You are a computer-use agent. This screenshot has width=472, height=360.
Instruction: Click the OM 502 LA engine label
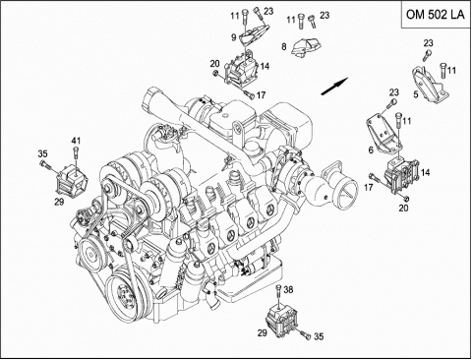[436, 15]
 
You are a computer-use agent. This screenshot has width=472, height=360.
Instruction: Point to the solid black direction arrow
[334, 87]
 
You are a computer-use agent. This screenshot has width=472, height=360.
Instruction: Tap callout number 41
[76, 141]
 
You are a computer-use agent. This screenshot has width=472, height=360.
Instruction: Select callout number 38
[288, 289]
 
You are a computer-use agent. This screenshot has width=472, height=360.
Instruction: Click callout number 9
[233, 37]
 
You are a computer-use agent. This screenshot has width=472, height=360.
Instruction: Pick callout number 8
[284, 46]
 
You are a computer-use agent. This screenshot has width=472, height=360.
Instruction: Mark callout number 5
[416, 94]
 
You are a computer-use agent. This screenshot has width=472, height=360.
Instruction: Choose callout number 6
[371, 150]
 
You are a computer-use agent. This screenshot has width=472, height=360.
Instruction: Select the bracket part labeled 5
[430, 85]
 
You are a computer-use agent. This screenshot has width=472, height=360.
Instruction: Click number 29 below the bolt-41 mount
[59, 202]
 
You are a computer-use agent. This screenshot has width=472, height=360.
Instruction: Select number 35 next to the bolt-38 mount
[319, 336]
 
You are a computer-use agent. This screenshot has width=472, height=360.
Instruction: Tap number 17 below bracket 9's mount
[261, 95]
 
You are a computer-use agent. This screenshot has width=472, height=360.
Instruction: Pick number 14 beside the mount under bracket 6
[426, 172]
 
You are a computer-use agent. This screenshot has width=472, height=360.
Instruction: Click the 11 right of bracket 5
[451, 70]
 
